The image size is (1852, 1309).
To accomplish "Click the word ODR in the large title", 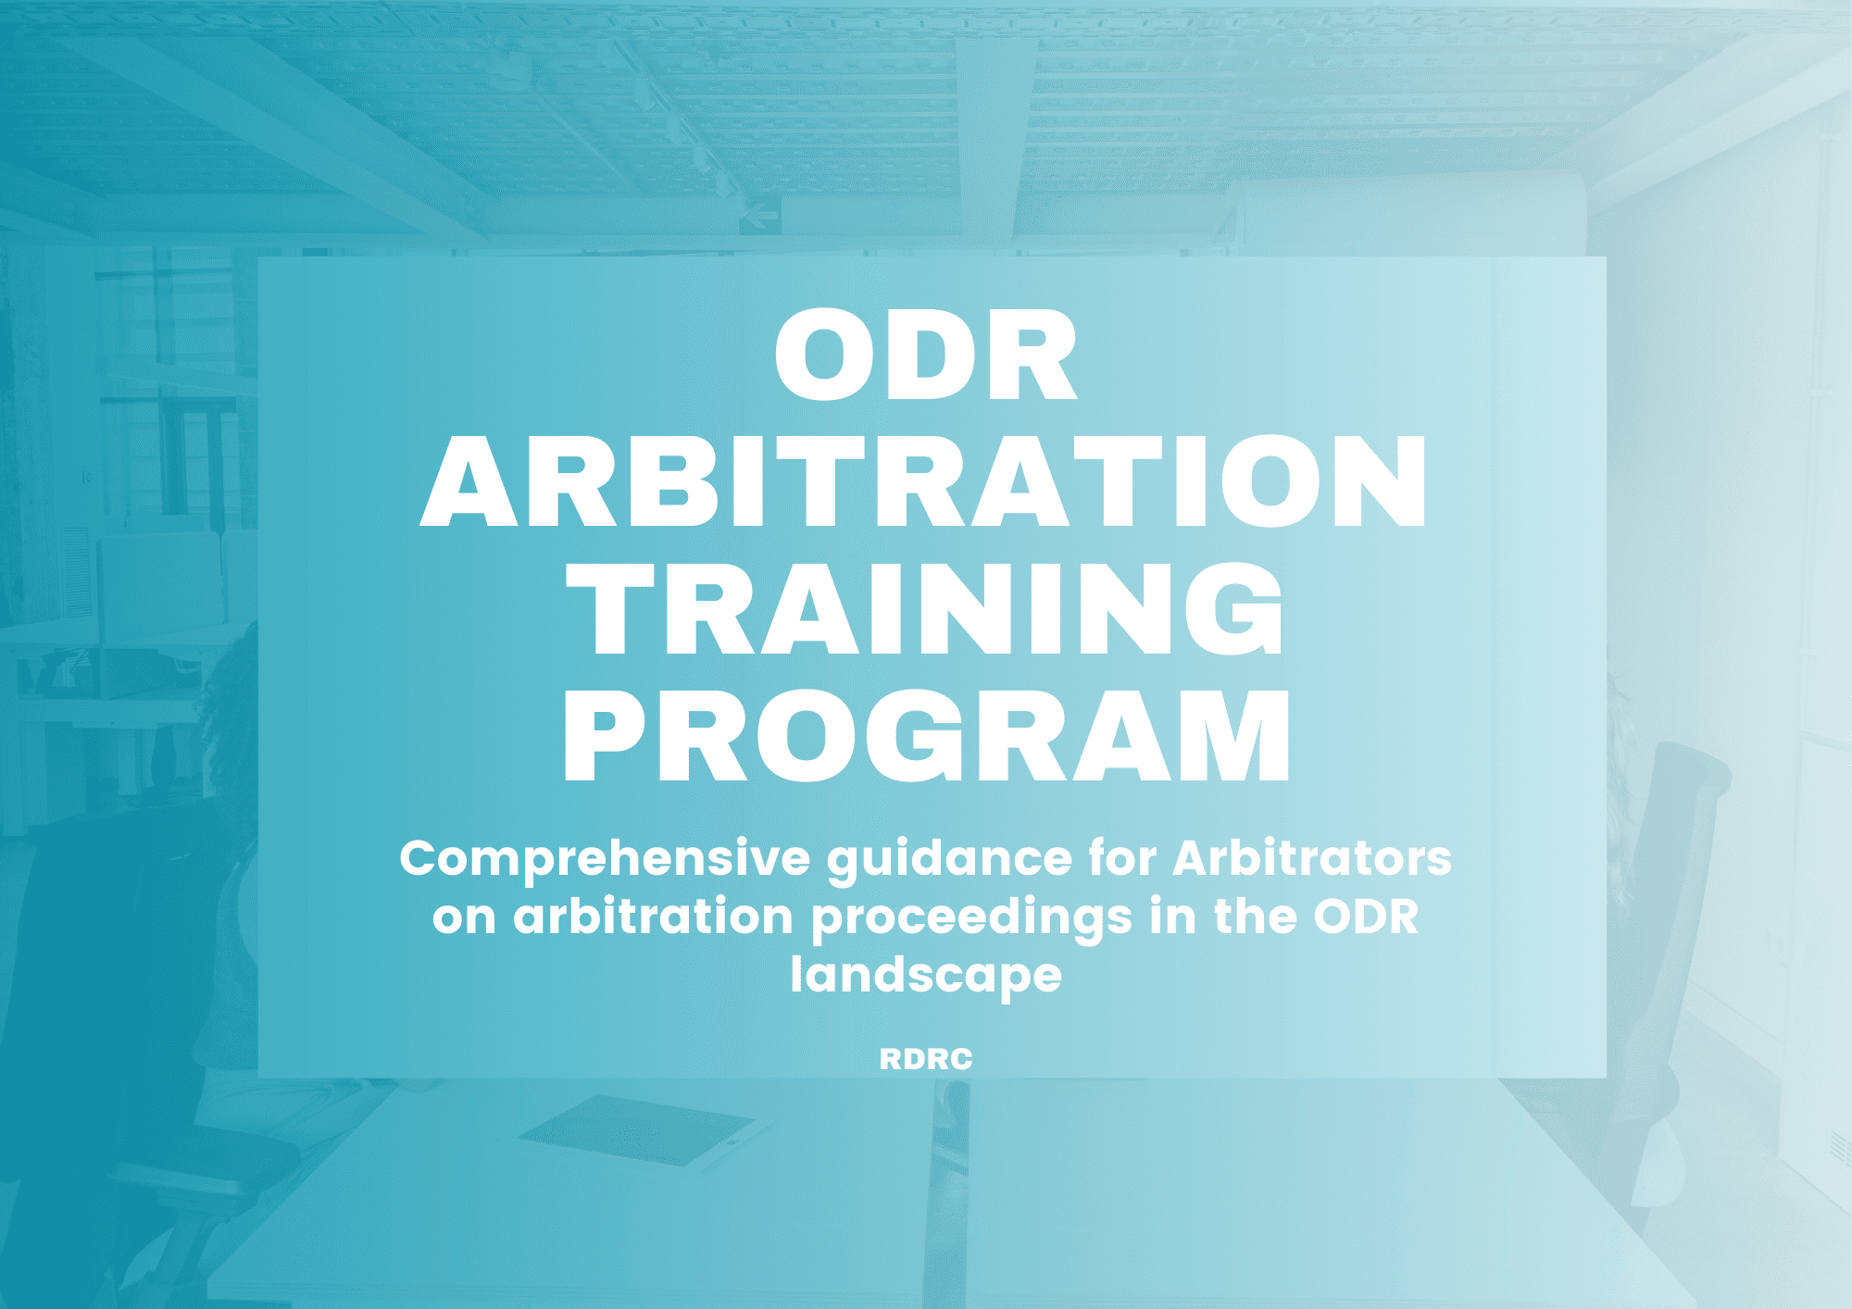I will point(925,356).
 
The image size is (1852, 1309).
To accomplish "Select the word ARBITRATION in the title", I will point(924,481).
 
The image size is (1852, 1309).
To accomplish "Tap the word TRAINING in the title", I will point(925,609).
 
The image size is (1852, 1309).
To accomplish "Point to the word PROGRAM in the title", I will point(926,736).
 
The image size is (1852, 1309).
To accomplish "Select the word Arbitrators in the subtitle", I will point(1312,858).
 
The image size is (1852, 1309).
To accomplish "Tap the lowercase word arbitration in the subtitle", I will point(653,917).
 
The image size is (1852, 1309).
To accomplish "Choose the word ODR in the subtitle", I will point(1366,917).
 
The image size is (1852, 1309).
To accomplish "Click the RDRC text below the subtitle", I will point(926,1059).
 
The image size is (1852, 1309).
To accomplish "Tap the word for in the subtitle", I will point(1122,858).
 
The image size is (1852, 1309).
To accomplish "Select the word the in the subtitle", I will point(1255,917).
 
